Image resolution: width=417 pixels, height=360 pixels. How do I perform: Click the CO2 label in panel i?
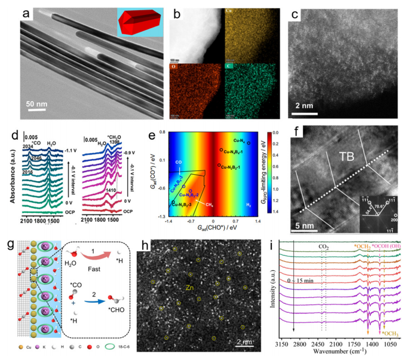(323, 261)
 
